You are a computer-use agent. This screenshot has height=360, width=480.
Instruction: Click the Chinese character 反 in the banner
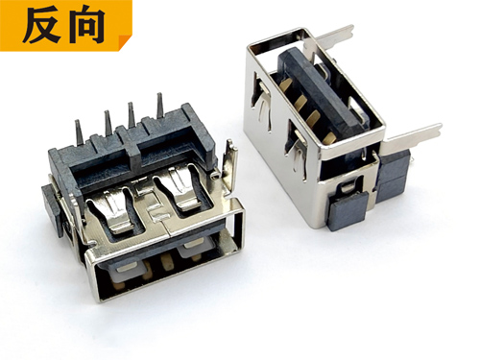[42, 26]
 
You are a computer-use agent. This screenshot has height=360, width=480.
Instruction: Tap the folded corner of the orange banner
[125, 42]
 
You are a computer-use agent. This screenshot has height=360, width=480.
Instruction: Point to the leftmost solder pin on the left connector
[79, 132]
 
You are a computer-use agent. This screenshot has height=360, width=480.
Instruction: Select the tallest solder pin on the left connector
[160, 106]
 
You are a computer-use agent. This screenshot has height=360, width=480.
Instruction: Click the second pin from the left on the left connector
[108, 123]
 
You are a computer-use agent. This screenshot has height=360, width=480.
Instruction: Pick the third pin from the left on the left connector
[131, 114]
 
